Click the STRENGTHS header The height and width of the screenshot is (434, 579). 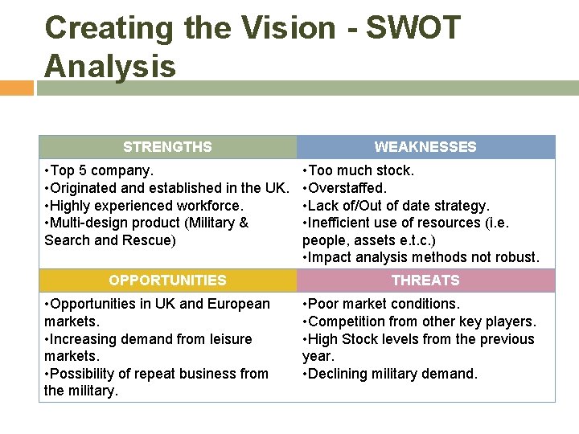tap(167, 147)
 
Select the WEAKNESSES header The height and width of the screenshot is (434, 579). tap(425, 147)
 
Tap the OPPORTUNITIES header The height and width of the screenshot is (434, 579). tap(167, 280)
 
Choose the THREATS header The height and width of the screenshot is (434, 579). tap(425, 280)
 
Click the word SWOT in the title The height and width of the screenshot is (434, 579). tap(413, 28)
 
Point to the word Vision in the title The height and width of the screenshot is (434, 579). tap(287, 28)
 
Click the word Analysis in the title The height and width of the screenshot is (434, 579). tap(110, 66)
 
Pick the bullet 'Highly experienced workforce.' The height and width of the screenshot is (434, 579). tap(144, 206)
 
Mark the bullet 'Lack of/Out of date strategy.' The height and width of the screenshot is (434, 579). tap(396, 206)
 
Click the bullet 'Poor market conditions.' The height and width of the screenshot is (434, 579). tap(381, 304)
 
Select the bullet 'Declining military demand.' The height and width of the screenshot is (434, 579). tap(390, 374)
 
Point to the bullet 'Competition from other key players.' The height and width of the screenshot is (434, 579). tap(419, 321)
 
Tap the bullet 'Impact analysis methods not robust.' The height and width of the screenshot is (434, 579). tap(421, 258)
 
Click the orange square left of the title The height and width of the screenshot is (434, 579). tap(16, 87)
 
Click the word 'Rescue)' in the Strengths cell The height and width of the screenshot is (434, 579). tap(151, 240)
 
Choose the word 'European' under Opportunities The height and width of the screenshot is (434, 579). tap(239, 304)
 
